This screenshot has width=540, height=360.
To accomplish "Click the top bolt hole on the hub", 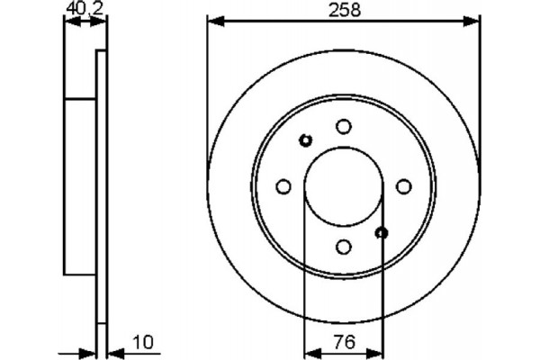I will [x=343, y=128].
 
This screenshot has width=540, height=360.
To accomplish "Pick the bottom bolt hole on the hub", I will [x=343, y=246].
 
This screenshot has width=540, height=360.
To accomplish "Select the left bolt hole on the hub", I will [x=283, y=186].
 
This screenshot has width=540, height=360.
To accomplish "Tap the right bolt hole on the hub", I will [x=403, y=186].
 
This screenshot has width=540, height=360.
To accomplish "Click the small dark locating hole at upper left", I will [x=305, y=139].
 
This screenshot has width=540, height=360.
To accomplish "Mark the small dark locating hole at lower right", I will [x=382, y=233].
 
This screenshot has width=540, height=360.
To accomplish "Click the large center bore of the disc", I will [x=343, y=186].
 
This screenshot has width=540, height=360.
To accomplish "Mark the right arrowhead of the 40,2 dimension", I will [x=102, y=20].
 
